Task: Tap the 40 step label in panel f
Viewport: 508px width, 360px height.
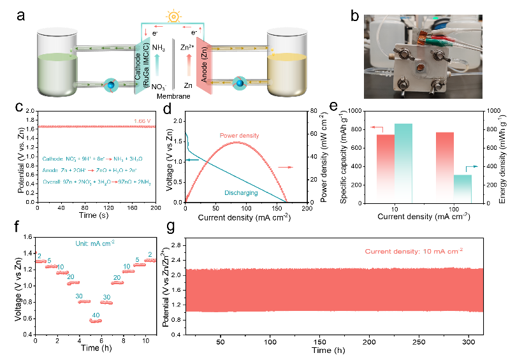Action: (95, 315)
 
